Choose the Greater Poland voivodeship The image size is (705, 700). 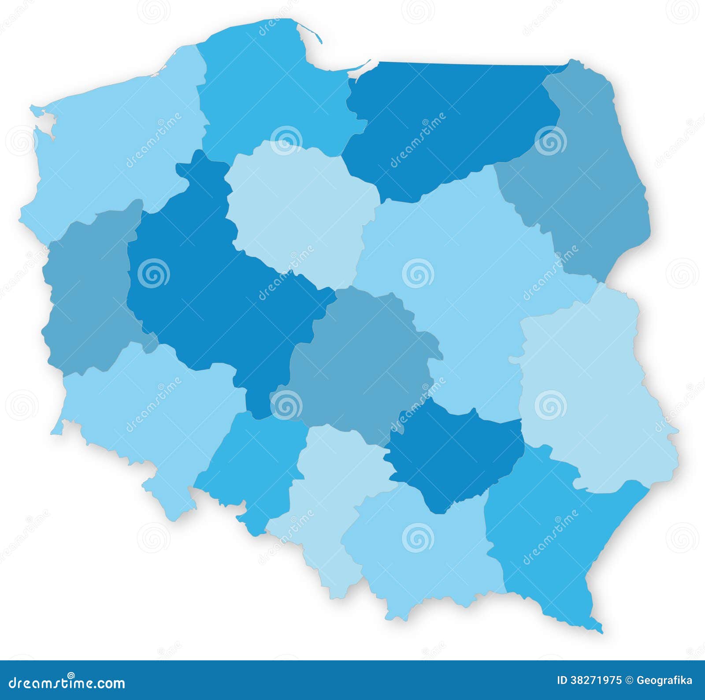[x=211, y=287]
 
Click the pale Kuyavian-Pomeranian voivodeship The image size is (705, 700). [x=300, y=207]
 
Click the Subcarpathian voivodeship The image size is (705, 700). [x=555, y=538]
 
